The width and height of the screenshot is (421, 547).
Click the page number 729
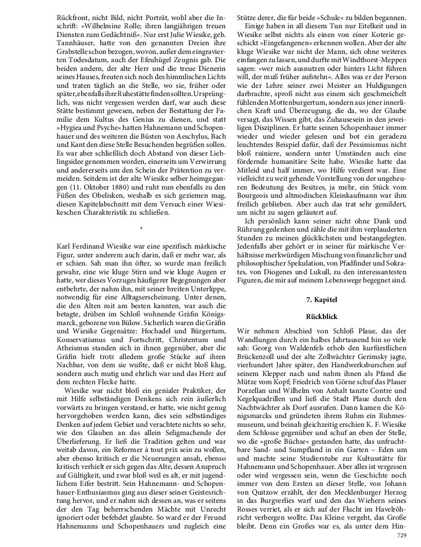point(402,535)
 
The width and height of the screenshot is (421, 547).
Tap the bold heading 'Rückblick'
point(321,317)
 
